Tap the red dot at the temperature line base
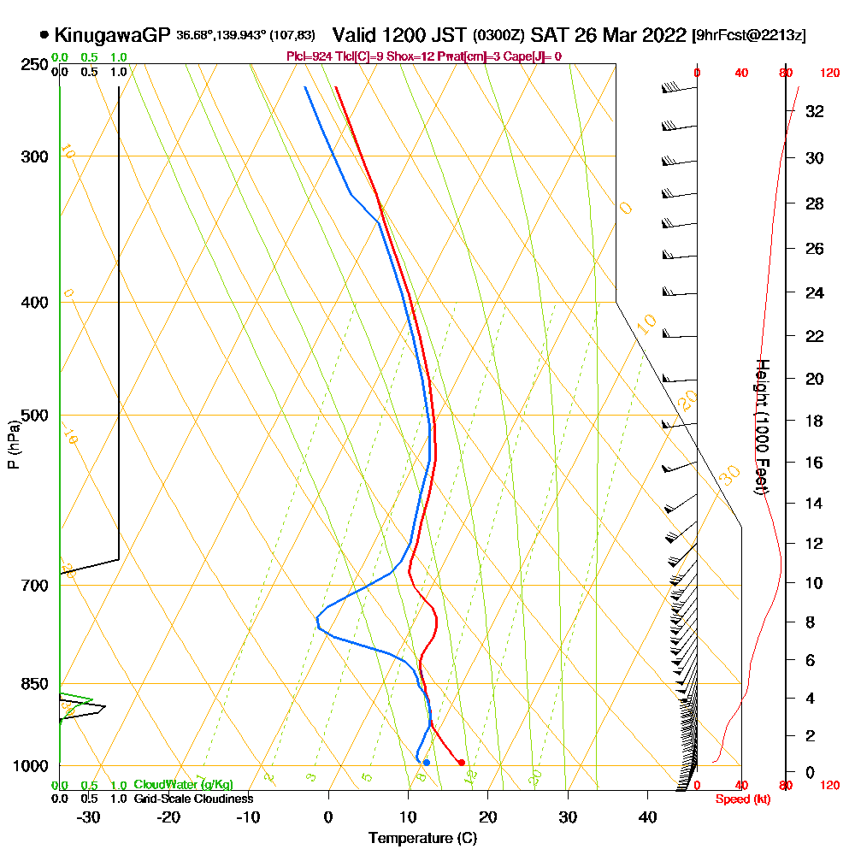click(x=462, y=763)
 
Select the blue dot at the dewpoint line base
click(x=426, y=762)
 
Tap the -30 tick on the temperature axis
click(x=89, y=817)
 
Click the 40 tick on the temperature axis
click(x=647, y=817)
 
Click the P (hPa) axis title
click(x=13, y=444)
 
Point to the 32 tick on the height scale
click(x=815, y=111)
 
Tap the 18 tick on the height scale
click(x=815, y=421)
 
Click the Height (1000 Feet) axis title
click(x=759, y=427)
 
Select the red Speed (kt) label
click(x=740, y=799)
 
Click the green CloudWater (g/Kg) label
click(x=184, y=785)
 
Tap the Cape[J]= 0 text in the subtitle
click(x=534, y=56)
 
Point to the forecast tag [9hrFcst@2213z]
click(x=749, y=36)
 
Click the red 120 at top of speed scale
click(x=828, y=74)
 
